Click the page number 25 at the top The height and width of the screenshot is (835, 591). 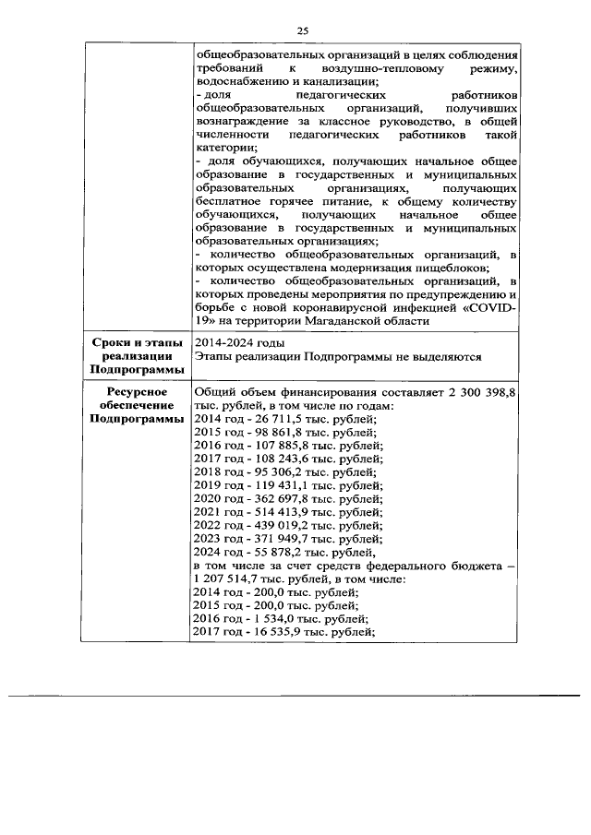pyautogui.click(x=302, y=30)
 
